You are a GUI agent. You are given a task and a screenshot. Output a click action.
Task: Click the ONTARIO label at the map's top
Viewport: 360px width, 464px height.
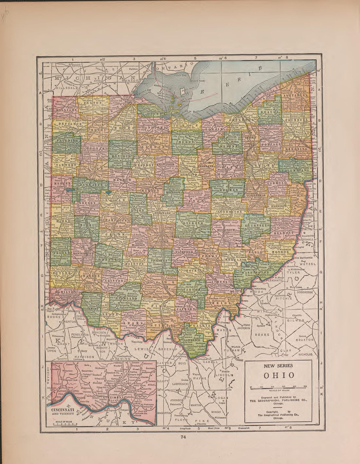click(x=171, y=67)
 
